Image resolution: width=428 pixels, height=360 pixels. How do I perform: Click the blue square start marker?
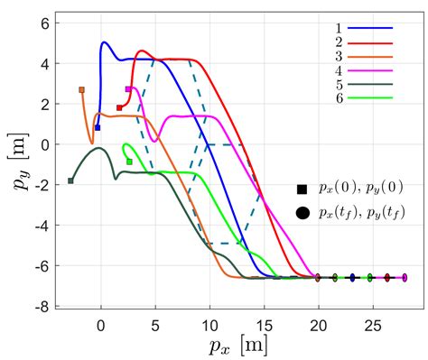[x=98, y=127]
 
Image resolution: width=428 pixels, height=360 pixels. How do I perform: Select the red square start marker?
[x=119, y=107]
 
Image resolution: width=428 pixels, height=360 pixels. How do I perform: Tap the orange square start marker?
[x=81, y=89]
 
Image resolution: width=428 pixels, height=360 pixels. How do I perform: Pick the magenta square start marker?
[x=128, y=89]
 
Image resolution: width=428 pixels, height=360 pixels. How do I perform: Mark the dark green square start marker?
[x=70, y=180]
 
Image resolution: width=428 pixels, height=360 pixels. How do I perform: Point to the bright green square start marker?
[x=129, y=162]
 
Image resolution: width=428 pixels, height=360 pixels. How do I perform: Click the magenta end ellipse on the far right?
[x=405, y=278]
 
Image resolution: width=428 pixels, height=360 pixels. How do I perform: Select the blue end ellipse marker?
[x=352, y=278]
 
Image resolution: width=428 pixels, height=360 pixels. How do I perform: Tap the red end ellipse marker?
[x=387, y=278]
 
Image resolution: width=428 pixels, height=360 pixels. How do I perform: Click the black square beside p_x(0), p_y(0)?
[x=302, y=189]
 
